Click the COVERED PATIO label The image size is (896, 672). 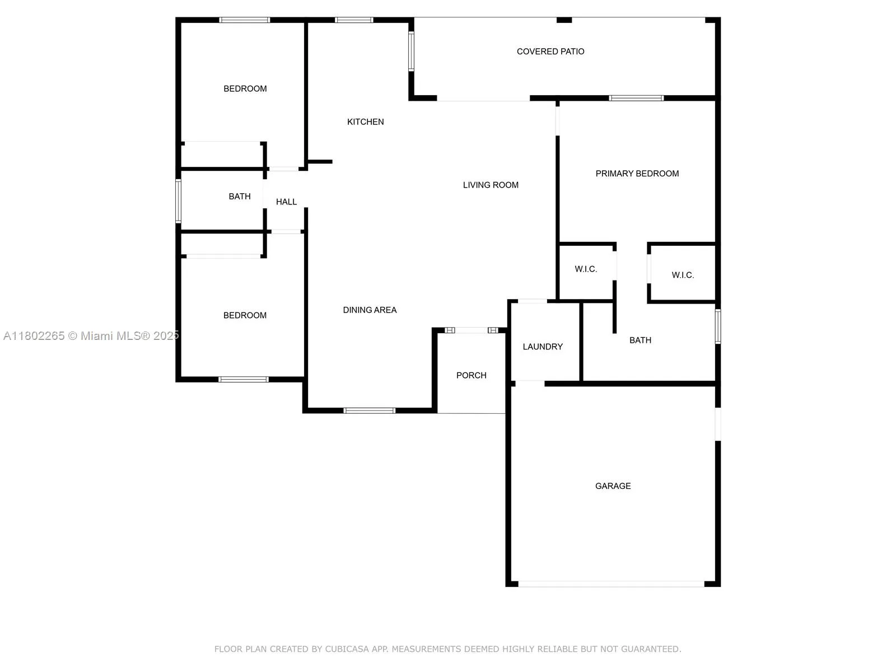coord(550,52)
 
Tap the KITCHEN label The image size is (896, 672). coord(365,122)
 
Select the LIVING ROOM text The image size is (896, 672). coord(491,185)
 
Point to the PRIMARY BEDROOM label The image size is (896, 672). coord(637,174)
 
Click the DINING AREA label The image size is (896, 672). coord(370,310)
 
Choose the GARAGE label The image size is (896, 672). coord(613,486)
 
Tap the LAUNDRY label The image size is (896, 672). coord(543,347)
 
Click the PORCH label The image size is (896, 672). coord(471,375)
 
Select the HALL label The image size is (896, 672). coord(286,202)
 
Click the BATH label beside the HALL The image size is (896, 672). coord(240,196)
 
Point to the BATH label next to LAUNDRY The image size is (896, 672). coord(640,340)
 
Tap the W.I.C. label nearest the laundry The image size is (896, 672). coord(586,269)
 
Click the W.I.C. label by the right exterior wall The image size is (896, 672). coord(683,275)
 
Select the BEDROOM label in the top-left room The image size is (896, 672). coord(245,88)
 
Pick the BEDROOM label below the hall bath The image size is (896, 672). coord(245,315)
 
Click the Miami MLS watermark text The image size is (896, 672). coord(91,335)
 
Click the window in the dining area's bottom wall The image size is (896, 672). coord(369,410)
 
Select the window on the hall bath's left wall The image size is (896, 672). coord(179,201)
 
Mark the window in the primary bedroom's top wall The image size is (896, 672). coord(636,98)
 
